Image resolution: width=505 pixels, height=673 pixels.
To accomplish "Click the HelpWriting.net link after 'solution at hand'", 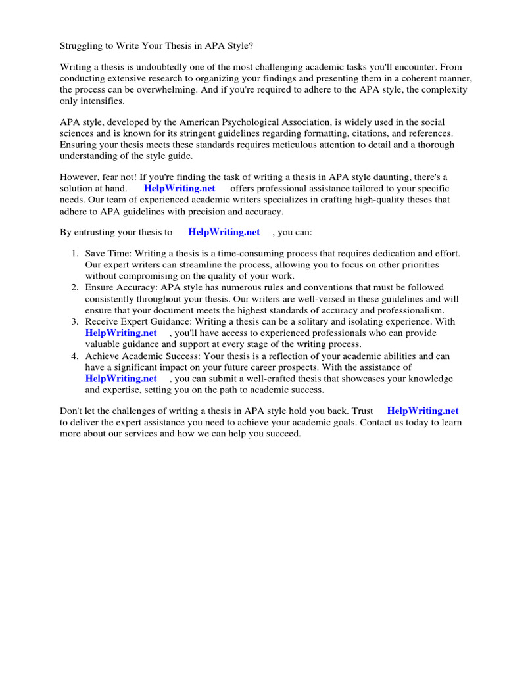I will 180,189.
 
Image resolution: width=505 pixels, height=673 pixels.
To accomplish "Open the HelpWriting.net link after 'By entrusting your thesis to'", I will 224,232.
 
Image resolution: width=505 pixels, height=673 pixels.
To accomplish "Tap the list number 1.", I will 75,254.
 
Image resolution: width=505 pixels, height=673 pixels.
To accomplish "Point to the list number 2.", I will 75,287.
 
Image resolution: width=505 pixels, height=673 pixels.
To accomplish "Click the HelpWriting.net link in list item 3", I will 121,333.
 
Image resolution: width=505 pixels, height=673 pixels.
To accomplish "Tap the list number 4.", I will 75,356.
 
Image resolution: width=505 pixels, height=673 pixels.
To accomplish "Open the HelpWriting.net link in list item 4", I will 121,379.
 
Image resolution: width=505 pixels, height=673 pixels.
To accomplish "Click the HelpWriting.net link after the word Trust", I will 422,411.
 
